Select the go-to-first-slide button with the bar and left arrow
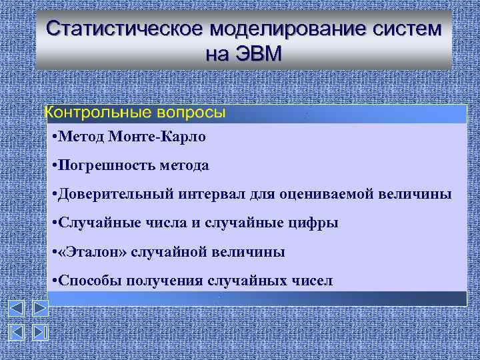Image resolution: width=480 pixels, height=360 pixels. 16,333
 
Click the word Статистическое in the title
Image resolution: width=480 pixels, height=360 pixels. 124,30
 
